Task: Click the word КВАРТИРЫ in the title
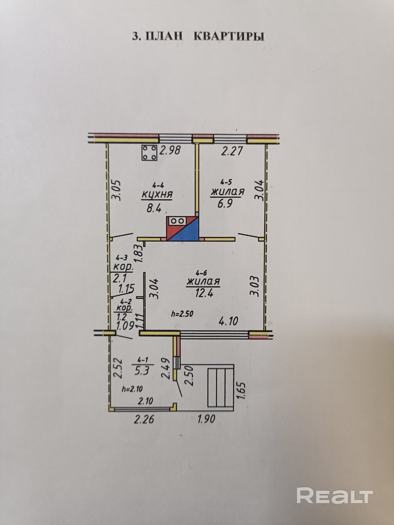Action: [x=229, y=36]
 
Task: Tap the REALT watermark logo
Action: [x=334, y=496]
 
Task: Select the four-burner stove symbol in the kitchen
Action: [x=149, y=153]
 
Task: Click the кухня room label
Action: [x=157, y=194]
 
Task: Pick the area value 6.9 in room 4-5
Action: [x=225, y=204]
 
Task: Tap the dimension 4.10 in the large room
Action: [x=228, y=320]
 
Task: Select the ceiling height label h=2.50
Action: [x=182, y=314]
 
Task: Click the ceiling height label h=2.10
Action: [x=132, y=389]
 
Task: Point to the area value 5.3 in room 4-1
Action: [x=142, y=371]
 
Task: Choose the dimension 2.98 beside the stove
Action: [x=170, y=150]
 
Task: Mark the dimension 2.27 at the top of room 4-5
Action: [x=232, y=151]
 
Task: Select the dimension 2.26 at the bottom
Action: [x=145, y=419]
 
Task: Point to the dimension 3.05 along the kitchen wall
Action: [x=117, y=190]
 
